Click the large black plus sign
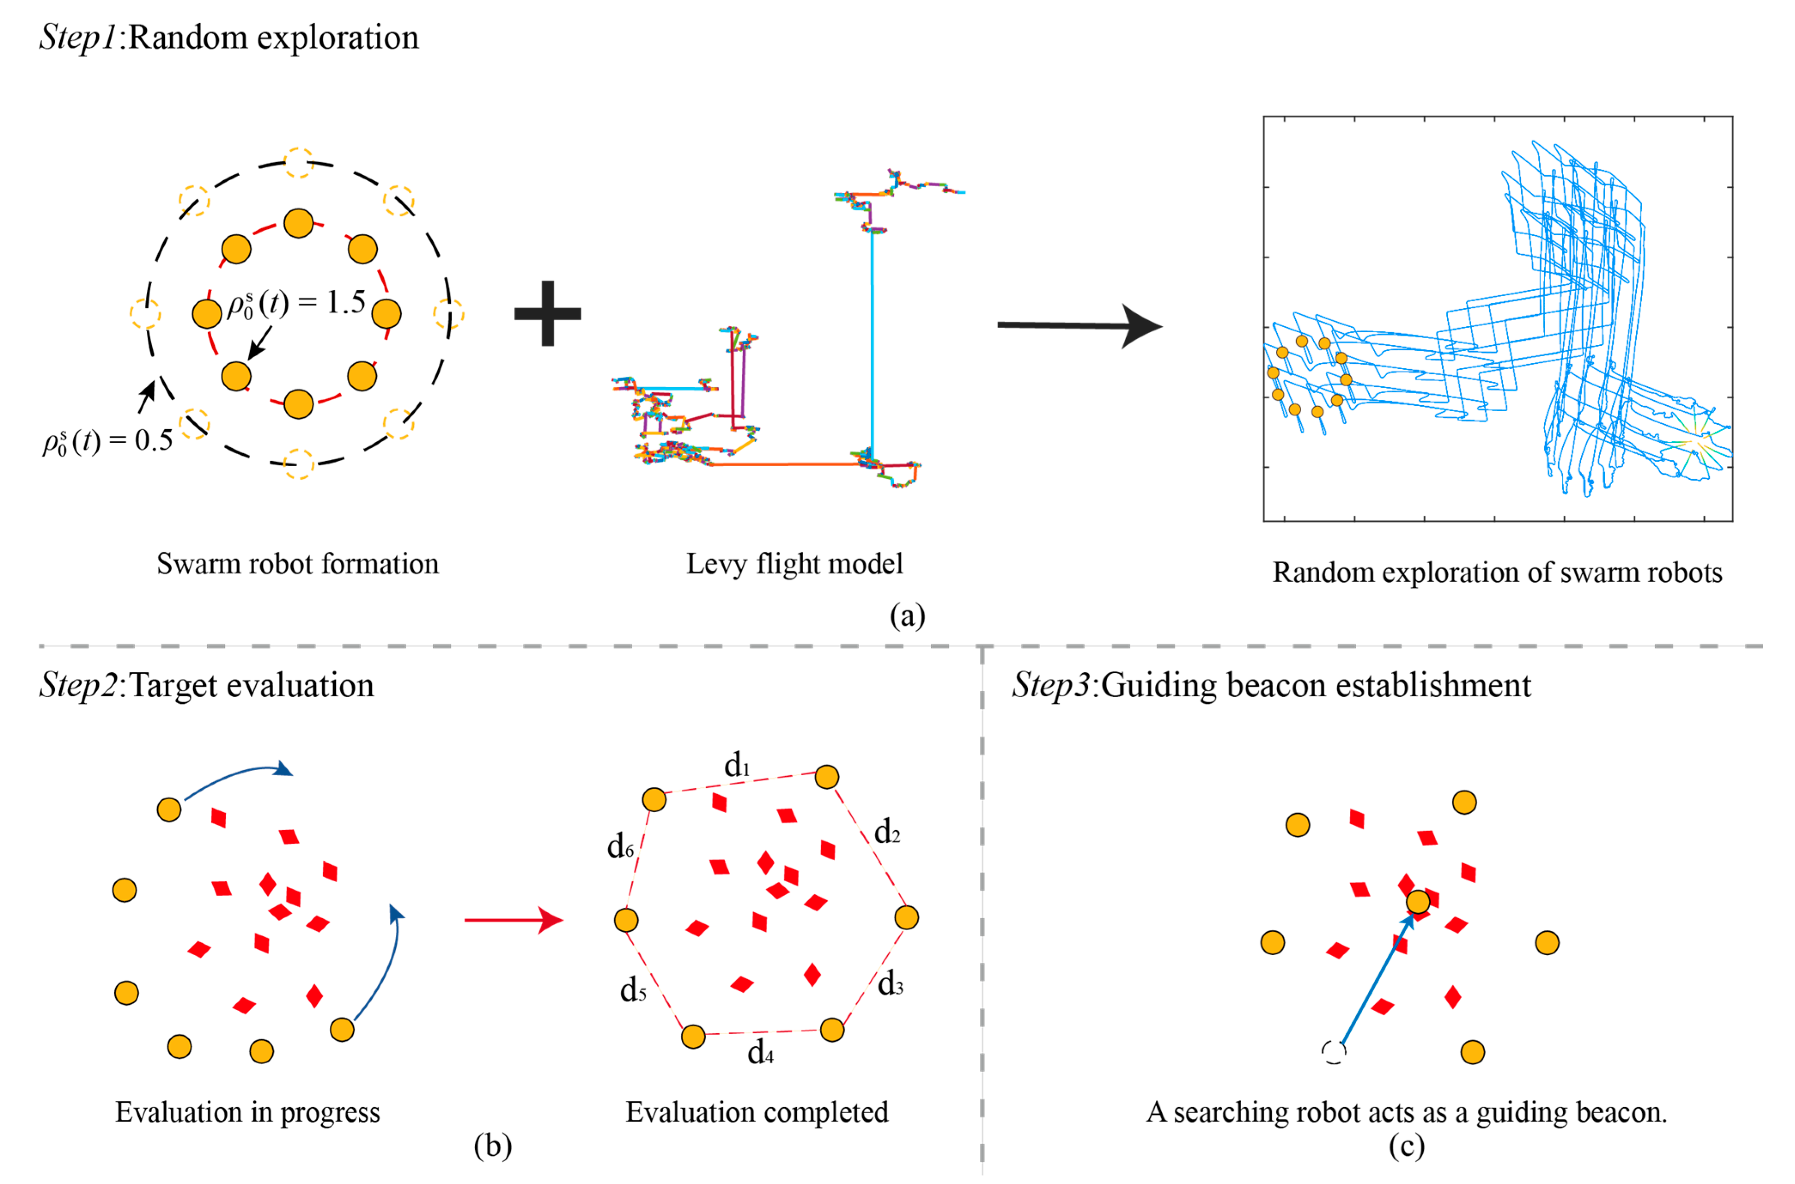click(x=547, y=313)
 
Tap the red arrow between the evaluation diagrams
click(x=513, y=920)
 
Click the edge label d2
click(x=887, y=832)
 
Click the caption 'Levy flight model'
click(x=794, y=563)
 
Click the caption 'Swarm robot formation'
click(x=298, y=563)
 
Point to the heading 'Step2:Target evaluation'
click(x=206, y=685)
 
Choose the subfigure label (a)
click(x=907, y=616)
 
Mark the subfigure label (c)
click(x=1406, y=1146)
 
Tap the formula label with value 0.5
click(x=107, y=440)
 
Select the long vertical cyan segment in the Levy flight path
click(x=872, y=340)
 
